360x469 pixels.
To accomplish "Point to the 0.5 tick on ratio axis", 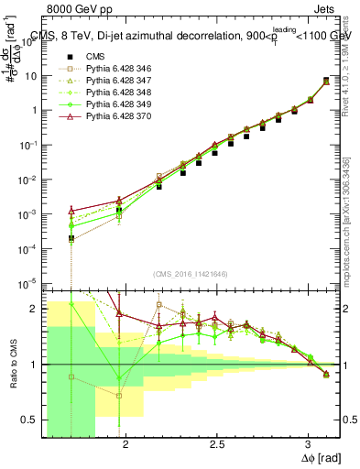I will click(x=30, y=420).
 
